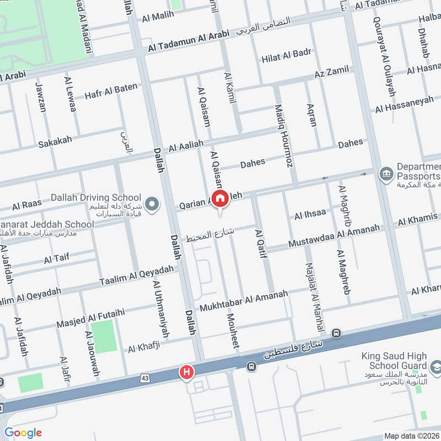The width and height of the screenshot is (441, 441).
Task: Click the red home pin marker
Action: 220,198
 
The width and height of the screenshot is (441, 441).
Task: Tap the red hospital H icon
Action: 187,373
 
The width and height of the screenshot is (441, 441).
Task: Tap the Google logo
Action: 23,433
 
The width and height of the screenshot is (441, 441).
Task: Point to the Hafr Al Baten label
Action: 110,92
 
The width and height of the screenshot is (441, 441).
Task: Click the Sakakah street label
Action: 55,142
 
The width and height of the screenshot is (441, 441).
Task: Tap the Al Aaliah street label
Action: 186,145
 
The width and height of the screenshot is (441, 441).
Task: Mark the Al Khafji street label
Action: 147,347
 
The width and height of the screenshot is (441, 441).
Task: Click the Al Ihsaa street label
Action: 310,213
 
